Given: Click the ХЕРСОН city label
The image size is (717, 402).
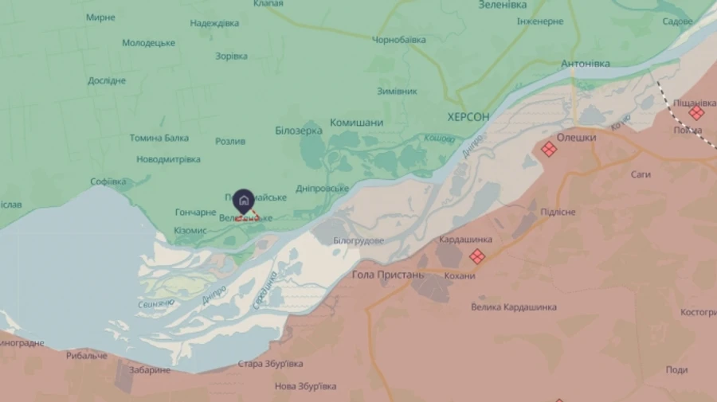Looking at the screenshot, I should pyautogui.click(x=468, y=117).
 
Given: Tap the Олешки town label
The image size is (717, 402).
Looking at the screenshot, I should pyautogui.click(x=576, y=138).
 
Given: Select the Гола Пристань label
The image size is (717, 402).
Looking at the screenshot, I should pyautogui.click(x=388, y=275).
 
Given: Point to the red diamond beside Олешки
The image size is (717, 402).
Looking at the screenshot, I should pyautogui.click(x=548, y=149).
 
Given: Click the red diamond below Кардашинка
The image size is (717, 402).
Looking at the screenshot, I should pyautogui.click(x=477, y=256).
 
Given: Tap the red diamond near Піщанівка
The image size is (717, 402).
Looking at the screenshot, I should pyautogui.click(x=696, y=113).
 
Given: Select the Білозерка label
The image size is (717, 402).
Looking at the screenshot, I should pyautogui.click(x=299, y=130).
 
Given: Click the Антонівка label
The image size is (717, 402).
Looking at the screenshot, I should pyautogui.click(x=586, y=64).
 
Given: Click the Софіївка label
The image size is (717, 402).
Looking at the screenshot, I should pyautogui.click(x=108, y=181).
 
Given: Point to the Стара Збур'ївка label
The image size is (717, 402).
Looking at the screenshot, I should pyautogui.click(x=271, y=364).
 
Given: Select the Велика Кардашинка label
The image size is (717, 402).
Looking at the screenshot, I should pyautogui.click(x=514, y=306).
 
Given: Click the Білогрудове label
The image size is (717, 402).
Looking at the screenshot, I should pyautogui.click(x=358, y=240).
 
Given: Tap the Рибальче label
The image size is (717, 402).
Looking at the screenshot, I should pyautogui.click(x=87, y=355).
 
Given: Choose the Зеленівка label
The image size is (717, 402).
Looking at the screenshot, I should pyautogui.click(x=502, y=5).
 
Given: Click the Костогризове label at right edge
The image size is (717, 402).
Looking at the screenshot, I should pyautogui.click(x=698, y=312).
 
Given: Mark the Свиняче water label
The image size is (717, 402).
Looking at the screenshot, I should pyautogui.click(x=155, y=303).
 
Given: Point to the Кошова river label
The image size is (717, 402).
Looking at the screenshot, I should pyautogui.click(x=439, y=139).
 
